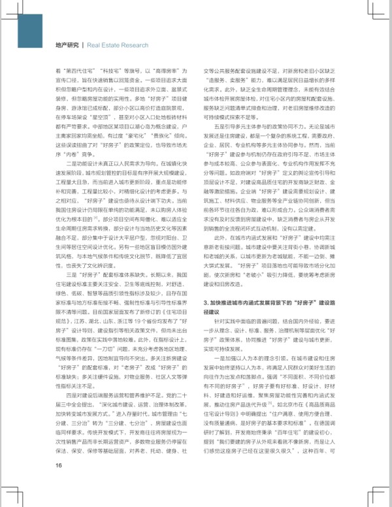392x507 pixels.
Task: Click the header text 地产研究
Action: pos(68,45)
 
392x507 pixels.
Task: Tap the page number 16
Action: pos(58,483)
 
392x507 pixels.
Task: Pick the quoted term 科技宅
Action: pos(115,70)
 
